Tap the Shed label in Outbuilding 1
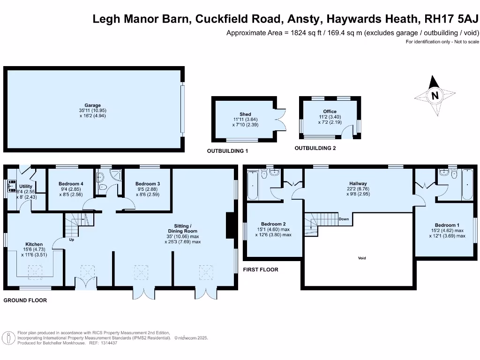click(245, 114)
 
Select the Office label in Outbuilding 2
click(330, 112)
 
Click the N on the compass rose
click(435, 96)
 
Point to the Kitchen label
click(34, 244)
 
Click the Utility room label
click(26, 187)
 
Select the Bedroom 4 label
click(71, 184)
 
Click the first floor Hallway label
click(358, 184)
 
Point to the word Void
click(361, 258)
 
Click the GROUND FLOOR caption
click(25, 300)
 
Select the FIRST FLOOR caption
click(261, 270)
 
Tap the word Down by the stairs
click(344, 219)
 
